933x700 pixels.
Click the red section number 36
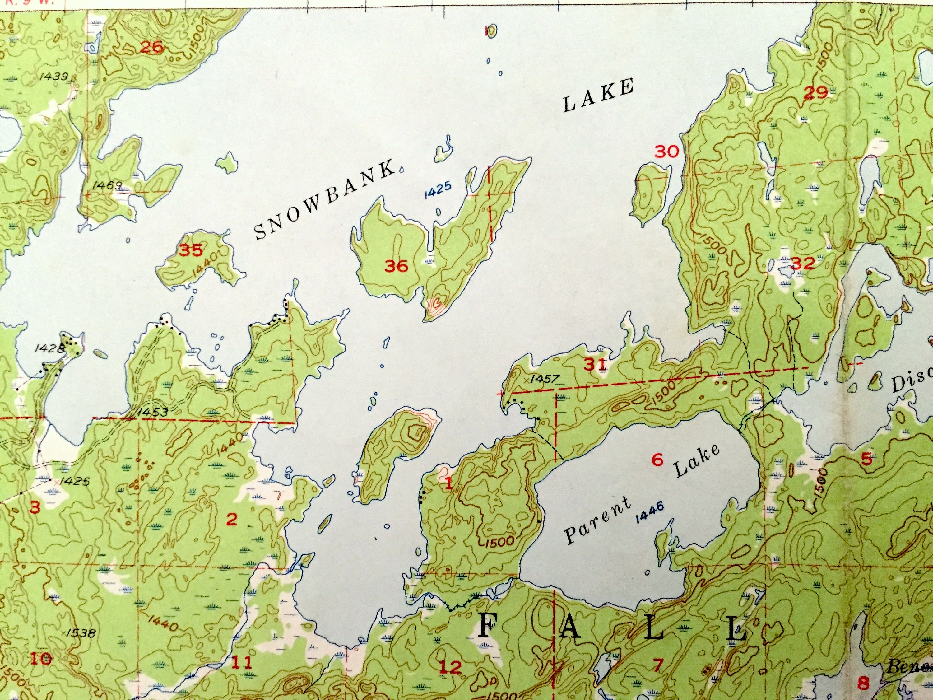click(x=396, y=266)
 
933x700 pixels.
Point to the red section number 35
click(x=191, y=250)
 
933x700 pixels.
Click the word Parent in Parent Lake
click(x=598, y=520)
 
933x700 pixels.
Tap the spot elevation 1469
click(x=108, y=185)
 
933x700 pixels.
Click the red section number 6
click(x=658, y=460)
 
